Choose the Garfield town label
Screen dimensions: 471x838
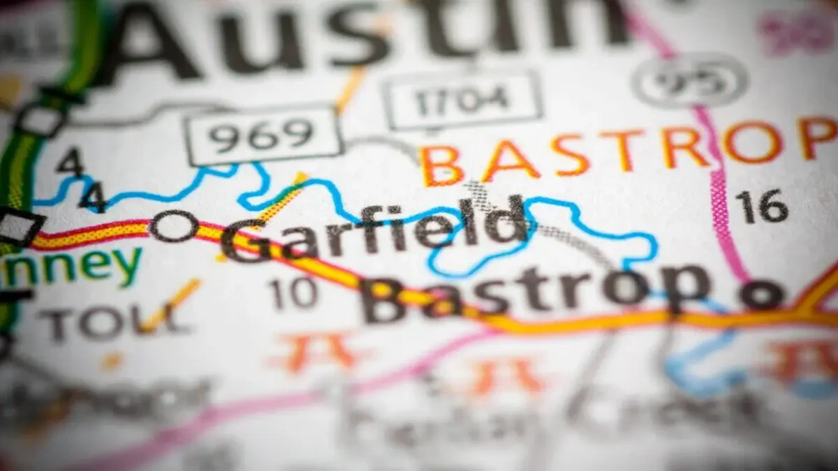point(374,230)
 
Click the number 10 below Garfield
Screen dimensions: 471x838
point(294,293)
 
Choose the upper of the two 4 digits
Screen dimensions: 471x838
point(71,163)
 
